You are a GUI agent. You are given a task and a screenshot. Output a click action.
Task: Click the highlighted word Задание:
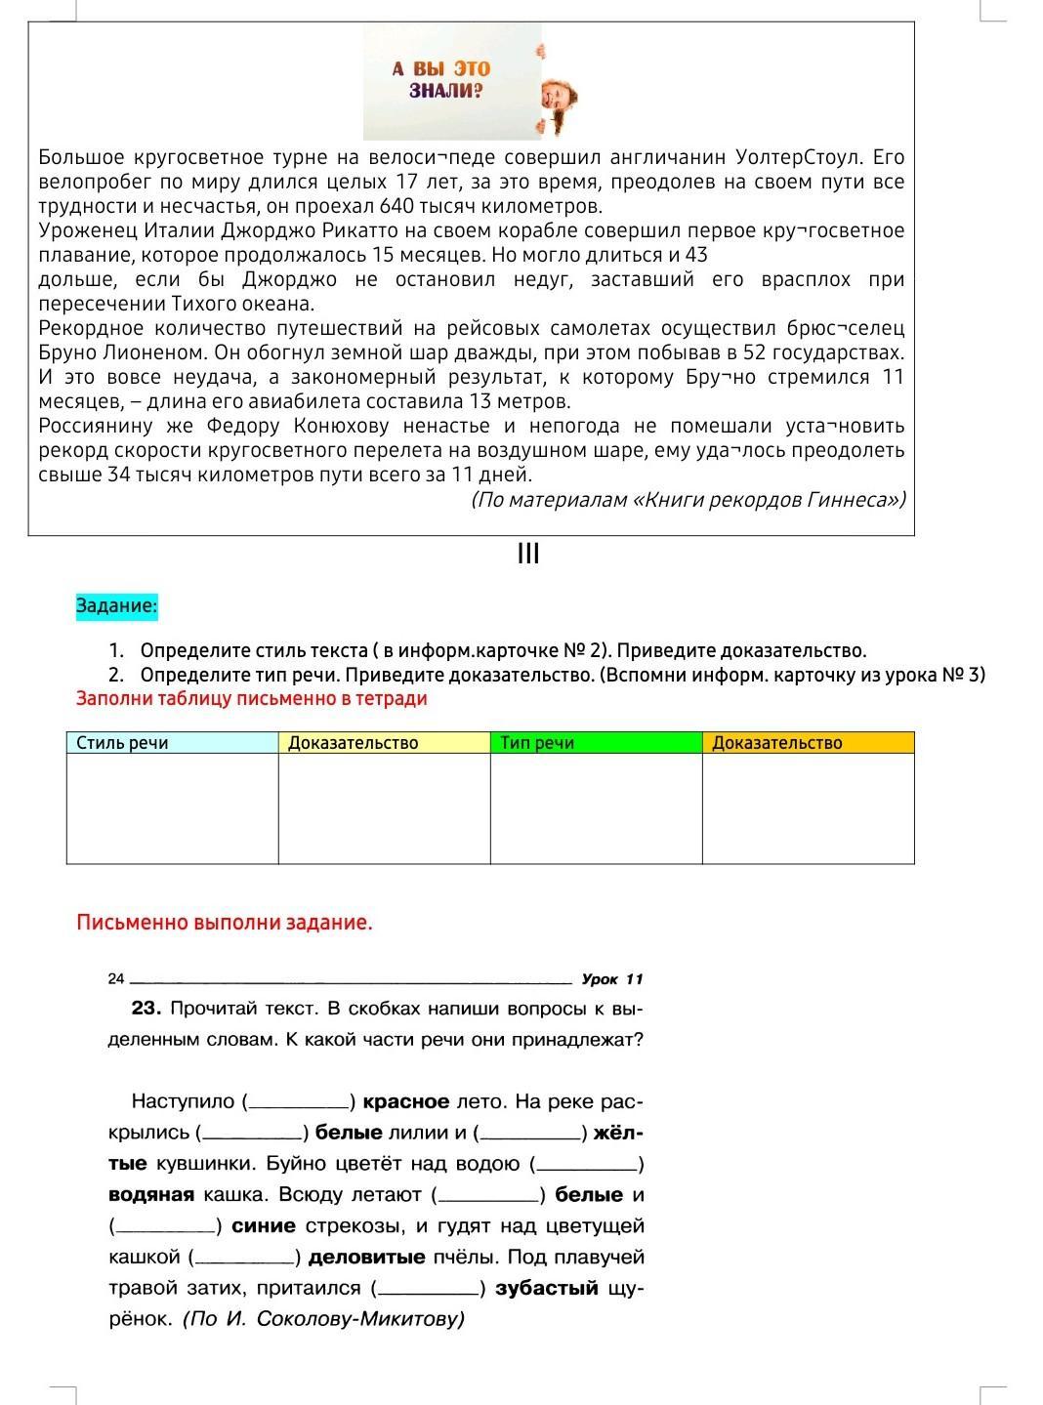(x=116, y=606)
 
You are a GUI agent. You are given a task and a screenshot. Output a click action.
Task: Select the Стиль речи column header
(x=123, y=743)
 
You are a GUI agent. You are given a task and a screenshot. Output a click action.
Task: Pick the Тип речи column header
(x=537, y=743)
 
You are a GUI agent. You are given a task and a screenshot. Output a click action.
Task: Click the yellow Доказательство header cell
(x=354, y=743)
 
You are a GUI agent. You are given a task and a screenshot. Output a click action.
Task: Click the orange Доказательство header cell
(x=777, y=743)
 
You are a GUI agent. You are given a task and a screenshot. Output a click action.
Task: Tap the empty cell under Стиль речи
(x=173, y=808)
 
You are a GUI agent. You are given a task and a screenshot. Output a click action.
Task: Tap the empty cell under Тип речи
(x=596, y=808)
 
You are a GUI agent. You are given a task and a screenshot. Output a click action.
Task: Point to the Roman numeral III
(x=528, y=555)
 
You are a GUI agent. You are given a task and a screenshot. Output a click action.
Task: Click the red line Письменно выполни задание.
(x=225, y=923)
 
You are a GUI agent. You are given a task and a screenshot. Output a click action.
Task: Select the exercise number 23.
(x=146, y=1008)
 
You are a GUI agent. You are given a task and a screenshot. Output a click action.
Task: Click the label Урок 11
(x=612, y=979)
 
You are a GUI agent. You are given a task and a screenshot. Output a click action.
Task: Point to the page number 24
(x=116, y=978)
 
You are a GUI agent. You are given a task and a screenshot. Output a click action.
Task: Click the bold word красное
(x=406, y=1101)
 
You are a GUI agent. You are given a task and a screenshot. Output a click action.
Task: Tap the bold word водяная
(x=150, y=1194)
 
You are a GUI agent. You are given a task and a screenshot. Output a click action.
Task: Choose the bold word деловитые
(x=367, y=1257)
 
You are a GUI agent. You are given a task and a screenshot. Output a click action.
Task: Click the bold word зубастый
(x=547, y=1288)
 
